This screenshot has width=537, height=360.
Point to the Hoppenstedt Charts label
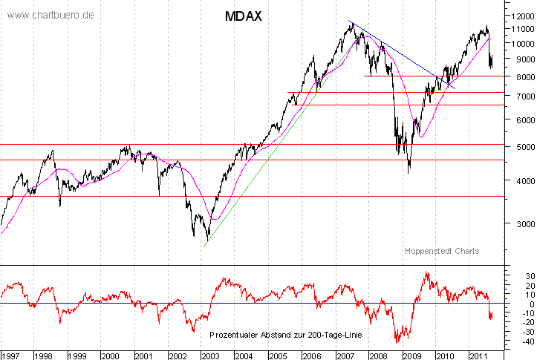442,251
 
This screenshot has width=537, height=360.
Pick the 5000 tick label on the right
518,147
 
